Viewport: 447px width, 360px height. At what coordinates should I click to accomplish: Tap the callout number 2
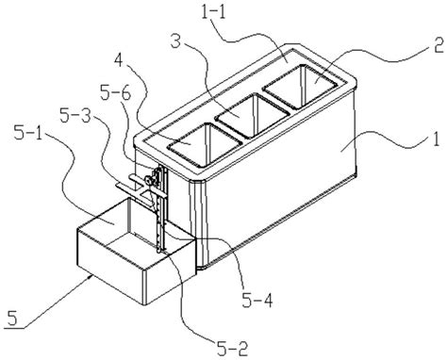point(438,43)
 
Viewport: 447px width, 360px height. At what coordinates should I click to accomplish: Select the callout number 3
point(175,41)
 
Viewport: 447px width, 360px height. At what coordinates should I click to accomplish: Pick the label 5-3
point(74,116)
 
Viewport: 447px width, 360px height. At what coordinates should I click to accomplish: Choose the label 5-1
point(29,133)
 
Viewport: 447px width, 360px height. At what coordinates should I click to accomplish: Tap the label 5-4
point(257,301)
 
